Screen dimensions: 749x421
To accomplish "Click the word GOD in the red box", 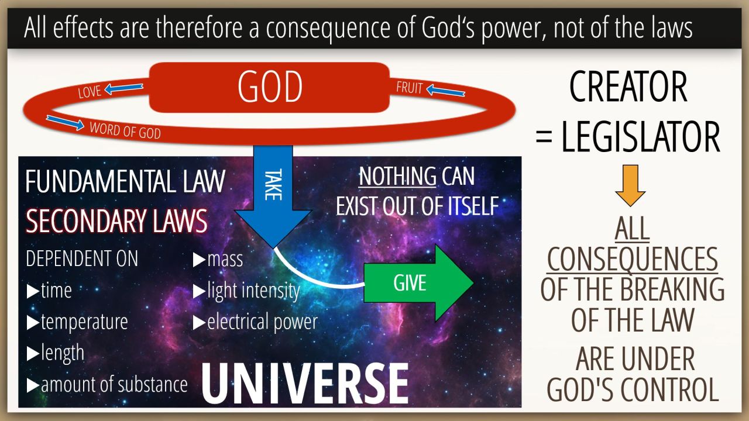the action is tap(270, 87).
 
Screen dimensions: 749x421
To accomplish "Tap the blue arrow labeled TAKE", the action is tap(273, 196).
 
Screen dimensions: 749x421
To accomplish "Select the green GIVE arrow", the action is tap(418, 283).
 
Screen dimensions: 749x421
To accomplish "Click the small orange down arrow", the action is tap(630, 185).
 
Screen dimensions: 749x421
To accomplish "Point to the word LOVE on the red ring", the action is tap(90, 92).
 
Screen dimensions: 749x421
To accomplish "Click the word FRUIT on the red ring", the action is tap(410, 88).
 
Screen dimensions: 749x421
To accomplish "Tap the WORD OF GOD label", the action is tap(125, 130).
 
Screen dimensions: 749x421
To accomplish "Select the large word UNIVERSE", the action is tap(305, 383).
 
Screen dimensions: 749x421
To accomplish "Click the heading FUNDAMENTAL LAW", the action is tap(125, 181).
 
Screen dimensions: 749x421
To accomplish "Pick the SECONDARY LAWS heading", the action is tap(116, 220).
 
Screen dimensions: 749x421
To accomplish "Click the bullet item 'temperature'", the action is tap(77, 322).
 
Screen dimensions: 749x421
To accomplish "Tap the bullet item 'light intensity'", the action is tap(246, 291).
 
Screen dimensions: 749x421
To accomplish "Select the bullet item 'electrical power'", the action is tap(255, 322).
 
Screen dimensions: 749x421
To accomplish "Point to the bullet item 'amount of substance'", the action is tap(107, 385).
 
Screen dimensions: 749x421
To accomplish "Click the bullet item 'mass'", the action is tap(218, 259).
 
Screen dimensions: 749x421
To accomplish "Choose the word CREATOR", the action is tap(628, 87).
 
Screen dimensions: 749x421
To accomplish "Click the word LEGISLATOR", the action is tap(641, 137).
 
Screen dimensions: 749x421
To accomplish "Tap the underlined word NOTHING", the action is tap(397, 176).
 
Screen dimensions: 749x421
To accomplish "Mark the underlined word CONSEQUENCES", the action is tap(633, 260).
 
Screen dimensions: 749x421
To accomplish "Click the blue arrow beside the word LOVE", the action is tap(123, 88).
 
